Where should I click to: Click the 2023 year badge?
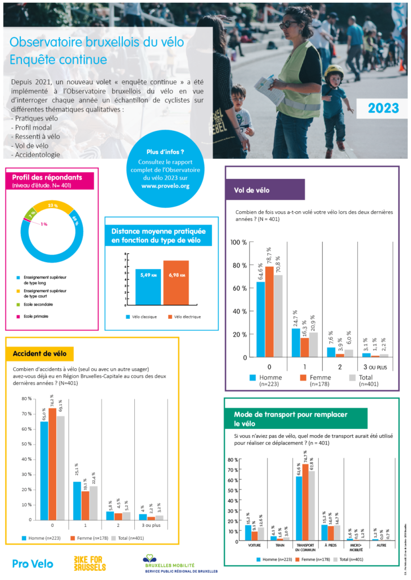(x=383, y=108)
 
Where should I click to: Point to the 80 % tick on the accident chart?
(x=26, y=399)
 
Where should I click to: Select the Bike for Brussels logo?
(x=90, y=563)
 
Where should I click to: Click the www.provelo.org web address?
(x=166, y=185)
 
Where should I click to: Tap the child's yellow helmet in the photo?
(x=334, y=71)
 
